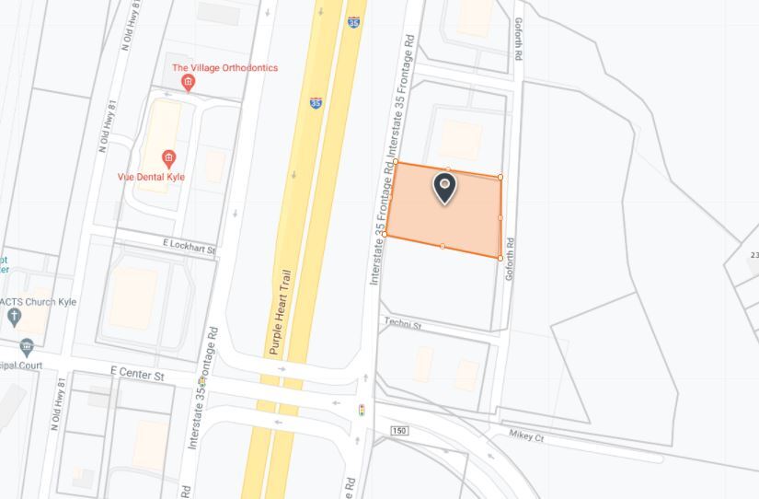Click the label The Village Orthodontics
coord(224,68)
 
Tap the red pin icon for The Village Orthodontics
coord(189,83)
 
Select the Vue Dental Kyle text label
coord(151,176)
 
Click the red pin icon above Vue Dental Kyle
coord(168,158)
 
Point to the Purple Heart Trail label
coord(281,312)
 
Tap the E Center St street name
coord(137,375)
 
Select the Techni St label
coord(402,324)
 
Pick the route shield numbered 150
coord(398,431)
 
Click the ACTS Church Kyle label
coord(38,302)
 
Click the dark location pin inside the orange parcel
coord(444,189)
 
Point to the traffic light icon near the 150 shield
coord(362,409)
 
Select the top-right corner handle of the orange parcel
coord(500,177)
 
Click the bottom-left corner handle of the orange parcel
coord(385,235)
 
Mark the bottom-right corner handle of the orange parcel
coord(500,258)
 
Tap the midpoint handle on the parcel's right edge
coord(500,217)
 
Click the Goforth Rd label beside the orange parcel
coord(509,259)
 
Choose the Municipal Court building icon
coord(27,347)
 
